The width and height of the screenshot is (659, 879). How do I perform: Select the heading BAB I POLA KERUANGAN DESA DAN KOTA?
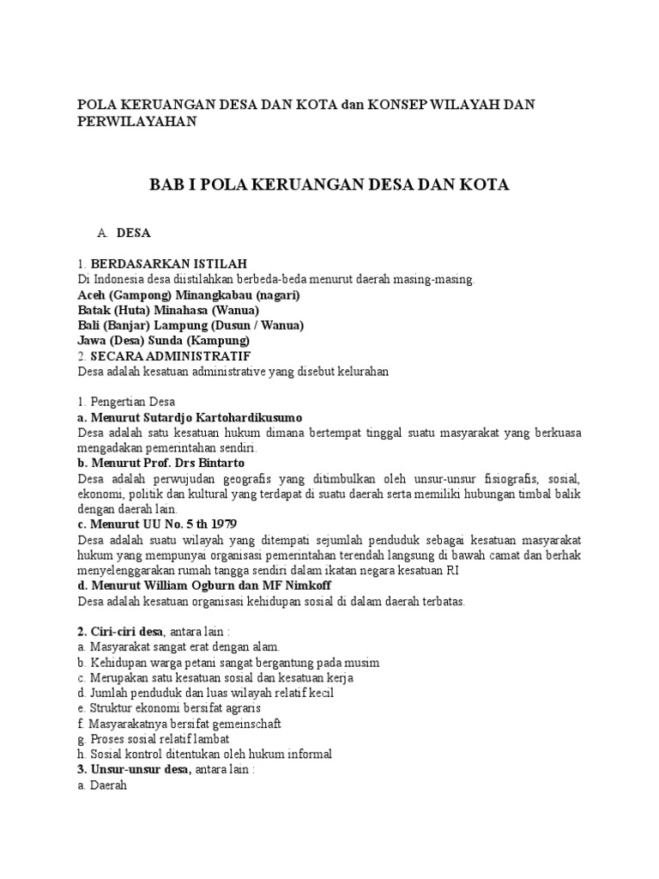[329, 185]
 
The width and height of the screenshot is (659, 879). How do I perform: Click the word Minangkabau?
[198, 294]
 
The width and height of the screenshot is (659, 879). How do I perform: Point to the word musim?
[361, 663]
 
